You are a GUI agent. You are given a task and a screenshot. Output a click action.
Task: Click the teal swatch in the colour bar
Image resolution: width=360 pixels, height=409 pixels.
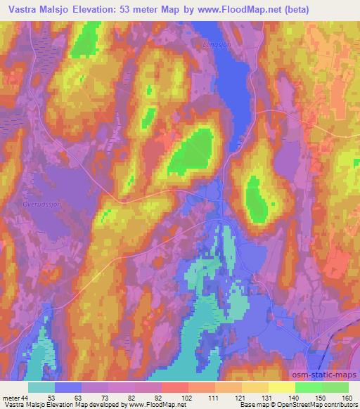tap(41, 387)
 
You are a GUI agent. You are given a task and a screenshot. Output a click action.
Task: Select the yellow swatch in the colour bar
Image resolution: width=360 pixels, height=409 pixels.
tap(282, 387)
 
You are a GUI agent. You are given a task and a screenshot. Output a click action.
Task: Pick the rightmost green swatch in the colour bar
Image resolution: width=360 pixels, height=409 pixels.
tap(335, 387)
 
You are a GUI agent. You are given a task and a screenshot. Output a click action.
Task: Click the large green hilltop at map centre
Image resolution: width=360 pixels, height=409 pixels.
tap(191, 150)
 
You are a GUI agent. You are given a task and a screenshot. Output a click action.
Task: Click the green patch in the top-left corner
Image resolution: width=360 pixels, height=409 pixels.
tap(86, 42)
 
